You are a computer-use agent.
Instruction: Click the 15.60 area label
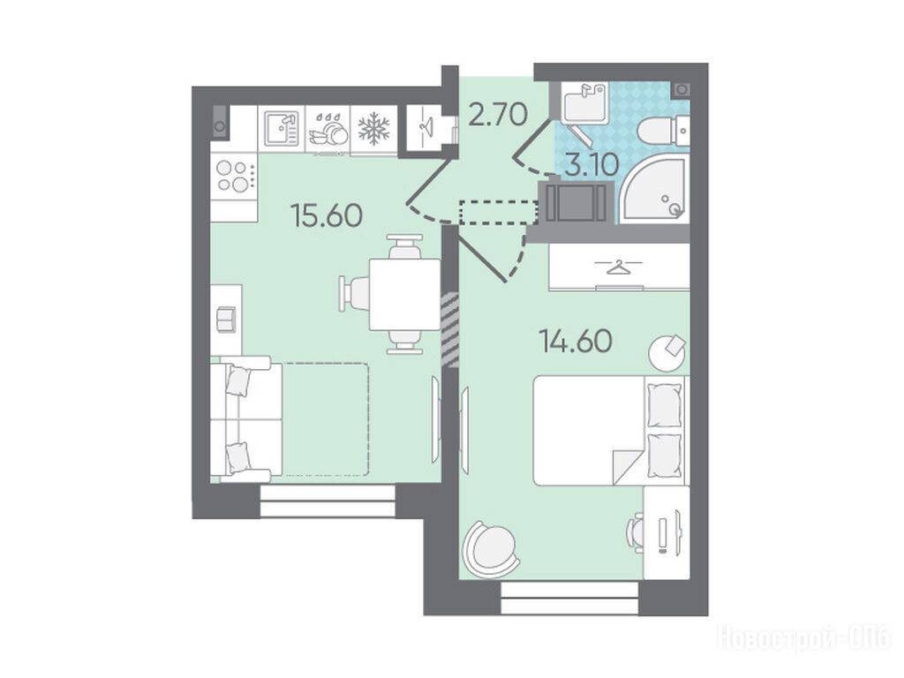click(328, 215)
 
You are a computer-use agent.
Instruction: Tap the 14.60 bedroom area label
click(576, 342)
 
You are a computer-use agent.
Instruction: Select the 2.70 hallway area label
click(498, 114)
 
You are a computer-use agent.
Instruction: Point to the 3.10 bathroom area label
click(592, 165)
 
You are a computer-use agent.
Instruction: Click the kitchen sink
click(282, 129)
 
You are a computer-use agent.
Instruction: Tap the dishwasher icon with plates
click(328, 129)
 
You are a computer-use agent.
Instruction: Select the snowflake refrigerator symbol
click(373, 129)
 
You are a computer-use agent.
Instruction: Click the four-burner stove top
click(233, 176)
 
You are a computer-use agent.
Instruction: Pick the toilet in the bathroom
click(662, 132)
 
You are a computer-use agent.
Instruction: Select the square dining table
click(404, 294)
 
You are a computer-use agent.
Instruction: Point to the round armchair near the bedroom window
click(490, 549)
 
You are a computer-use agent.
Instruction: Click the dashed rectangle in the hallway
click(499, 212)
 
